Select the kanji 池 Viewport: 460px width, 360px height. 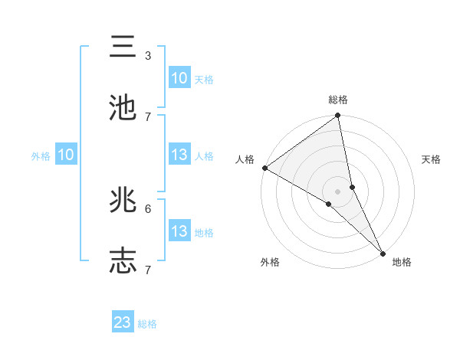click(x=123, y=107)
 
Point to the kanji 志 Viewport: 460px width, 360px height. click(x=123, y=260)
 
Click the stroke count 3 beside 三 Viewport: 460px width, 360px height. click(x=148, y=55)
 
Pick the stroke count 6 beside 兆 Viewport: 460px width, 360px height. click(x=148, y=208)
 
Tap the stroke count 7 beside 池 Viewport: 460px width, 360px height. click(x=148, y=116)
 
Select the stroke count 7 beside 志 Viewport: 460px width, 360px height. click(x=148, y=270)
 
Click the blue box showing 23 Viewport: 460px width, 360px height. click(x=123, y=322)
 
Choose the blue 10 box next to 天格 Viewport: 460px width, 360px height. click(x=179, y=78)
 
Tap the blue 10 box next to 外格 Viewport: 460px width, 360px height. click(x=66, y=155)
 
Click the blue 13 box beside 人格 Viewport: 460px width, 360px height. click(x=179, y=155)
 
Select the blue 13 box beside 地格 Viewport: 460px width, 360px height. click(x=179, y=231)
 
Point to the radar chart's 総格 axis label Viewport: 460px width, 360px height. click(x=338, y=100)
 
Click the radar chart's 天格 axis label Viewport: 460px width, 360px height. click(x=431, y=159)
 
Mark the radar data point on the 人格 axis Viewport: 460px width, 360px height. click(x=264, y=168)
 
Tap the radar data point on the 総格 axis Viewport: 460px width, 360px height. click(x=338, y=116)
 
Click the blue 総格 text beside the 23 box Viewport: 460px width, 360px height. click(x=147, y=323)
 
